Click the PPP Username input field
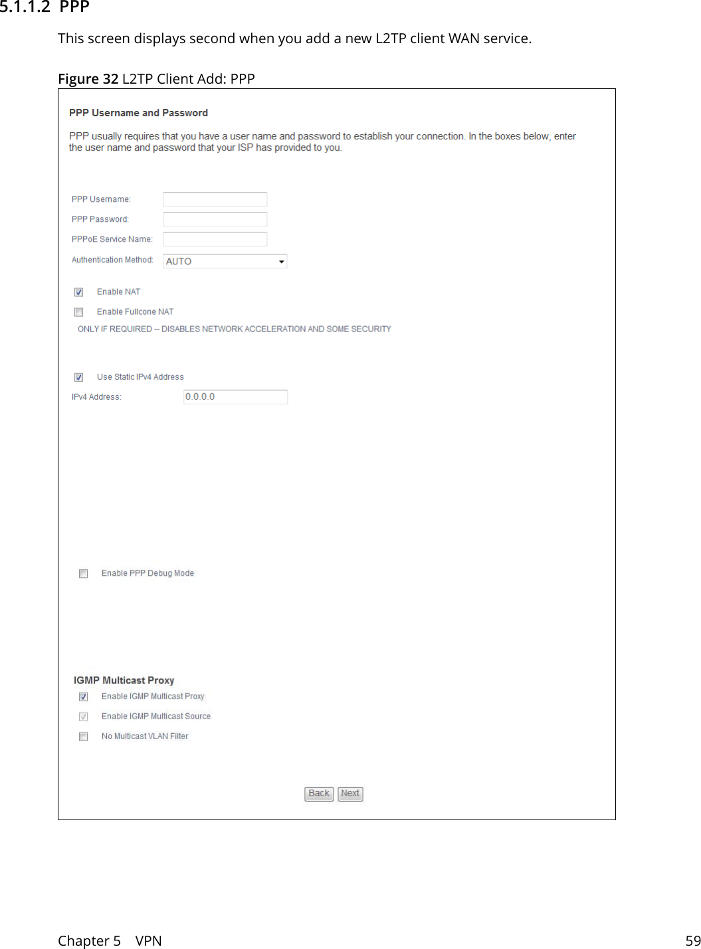[x=215, y=199]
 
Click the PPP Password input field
[x=215, y=219]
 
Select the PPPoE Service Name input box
[x=215, y=239]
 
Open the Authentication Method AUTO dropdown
[x=225, y=262]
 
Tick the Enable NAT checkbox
[x=79, y=292]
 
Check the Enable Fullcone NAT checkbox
[x=79, y=312]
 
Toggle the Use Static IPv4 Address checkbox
[x=79, y=377]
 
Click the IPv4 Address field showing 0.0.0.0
[x=235, y=397]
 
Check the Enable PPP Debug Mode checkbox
[x=84, y=574]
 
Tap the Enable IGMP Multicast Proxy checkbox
[x=84, y=697]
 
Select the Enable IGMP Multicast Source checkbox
[x=84, y=717]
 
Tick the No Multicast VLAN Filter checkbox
[x=84, y=736]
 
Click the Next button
[x=350, y=794]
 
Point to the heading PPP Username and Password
[x=138, y=113]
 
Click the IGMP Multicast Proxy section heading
[x=124, y=681]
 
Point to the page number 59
[x=692, y=940]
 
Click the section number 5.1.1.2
[x=25, y=7]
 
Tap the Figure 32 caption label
[x=88, y=79]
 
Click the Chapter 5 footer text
[x=89, y=940]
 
